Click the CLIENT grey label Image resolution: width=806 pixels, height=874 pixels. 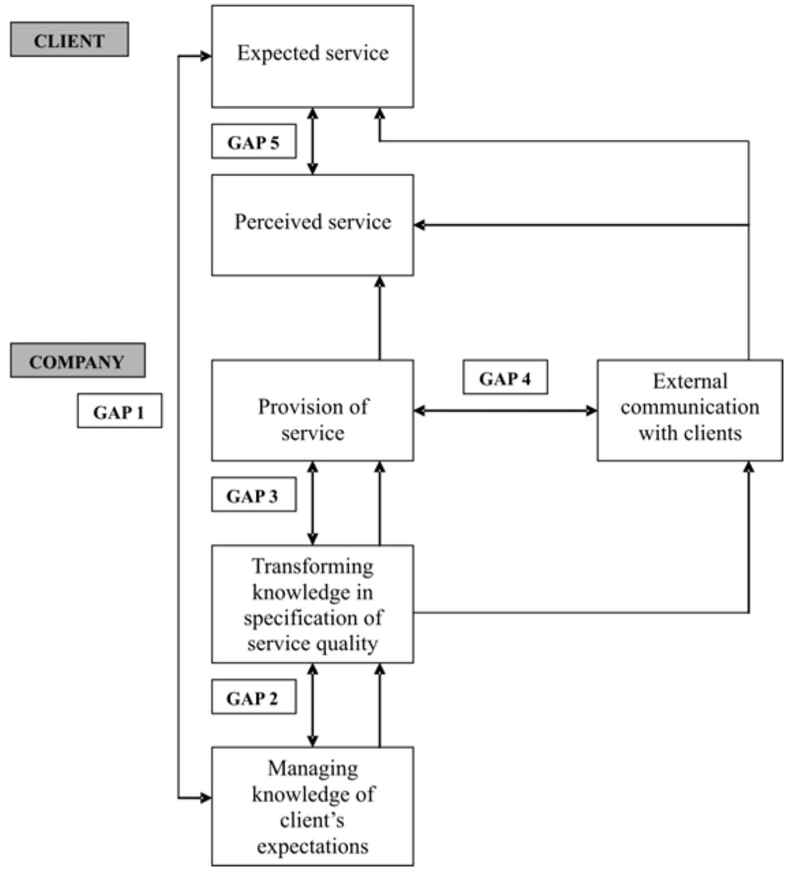point(69,40)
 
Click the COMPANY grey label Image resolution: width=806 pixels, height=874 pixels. point(77,361)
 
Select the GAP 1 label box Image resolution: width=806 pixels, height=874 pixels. point(119,411)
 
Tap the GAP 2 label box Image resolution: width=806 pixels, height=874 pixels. point(253,697)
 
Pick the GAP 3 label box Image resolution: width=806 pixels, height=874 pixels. point(253,495)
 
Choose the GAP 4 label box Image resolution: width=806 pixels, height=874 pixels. point(505,378)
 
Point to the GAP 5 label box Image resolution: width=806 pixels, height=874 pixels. point(253,142)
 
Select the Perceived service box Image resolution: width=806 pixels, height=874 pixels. point(312,224)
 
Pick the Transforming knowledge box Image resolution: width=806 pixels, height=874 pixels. point(312,604)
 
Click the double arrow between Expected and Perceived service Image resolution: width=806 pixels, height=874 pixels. point(313,141)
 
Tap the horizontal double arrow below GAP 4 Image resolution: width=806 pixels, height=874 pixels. point(505,411)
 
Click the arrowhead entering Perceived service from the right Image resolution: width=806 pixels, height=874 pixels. point(420,224)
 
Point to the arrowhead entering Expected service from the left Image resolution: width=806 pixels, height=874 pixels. point(206,57)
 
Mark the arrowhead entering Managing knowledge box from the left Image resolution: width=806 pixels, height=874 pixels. point(206,797)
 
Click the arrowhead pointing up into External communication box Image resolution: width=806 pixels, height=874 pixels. point(749,467)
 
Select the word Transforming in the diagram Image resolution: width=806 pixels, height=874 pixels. point(313,566)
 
